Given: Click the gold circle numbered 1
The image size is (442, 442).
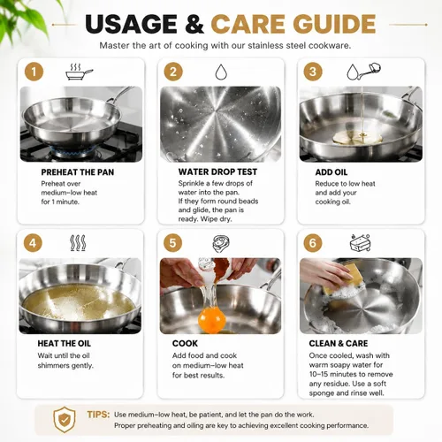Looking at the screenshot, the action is (x=34, y=72).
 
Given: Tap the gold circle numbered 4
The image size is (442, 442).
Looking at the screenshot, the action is (x=33, y=243).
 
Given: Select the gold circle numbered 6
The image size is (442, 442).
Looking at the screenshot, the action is (x=313, y=243).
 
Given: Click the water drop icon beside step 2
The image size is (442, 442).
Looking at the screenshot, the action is (x=221, y=72).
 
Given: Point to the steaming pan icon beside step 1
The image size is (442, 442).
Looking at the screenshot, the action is (x=79, y=72).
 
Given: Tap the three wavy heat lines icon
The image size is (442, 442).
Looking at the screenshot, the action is (x=78, y=243).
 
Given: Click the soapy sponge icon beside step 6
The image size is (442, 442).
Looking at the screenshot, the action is (x=360, y=243).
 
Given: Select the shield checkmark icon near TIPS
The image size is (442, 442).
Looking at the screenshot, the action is (x=65, y=420).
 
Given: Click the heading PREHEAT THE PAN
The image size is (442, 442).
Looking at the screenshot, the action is (x=78, y=172).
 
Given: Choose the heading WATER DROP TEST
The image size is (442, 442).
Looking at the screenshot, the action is (x=217, y=171).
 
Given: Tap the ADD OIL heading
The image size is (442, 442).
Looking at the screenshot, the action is (x=331, y=172).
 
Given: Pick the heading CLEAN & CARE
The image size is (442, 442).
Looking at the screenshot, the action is (x=339, y=343).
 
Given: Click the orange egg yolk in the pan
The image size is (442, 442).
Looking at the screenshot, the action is (x=211, y=319).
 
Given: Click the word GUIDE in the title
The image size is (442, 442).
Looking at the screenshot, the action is (x=334, y=24).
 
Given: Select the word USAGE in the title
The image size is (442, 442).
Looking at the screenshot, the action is (x=132, y=24).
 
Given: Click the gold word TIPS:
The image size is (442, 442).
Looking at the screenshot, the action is (x=98, y=415).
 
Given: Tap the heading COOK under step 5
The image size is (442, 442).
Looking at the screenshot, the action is (x=185, y=343).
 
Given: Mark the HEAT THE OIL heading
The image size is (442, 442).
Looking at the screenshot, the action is (x=65, y=343).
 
